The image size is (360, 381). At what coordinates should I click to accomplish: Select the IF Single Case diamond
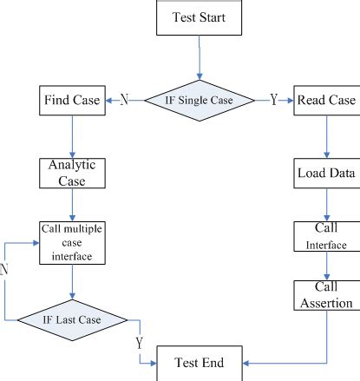point(200,101)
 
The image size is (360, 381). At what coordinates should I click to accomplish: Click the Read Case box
point(326,101)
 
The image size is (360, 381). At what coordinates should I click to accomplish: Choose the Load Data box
point(326,174)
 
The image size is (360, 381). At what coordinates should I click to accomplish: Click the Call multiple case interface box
point(72,244)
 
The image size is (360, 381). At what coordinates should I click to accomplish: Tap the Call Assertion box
point(326,297)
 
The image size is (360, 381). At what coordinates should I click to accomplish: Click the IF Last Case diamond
point(73,319)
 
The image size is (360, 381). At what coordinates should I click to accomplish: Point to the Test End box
point(200,363)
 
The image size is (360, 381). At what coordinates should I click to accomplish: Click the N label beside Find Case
point(124,101)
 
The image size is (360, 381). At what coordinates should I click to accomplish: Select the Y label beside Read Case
point(274,101)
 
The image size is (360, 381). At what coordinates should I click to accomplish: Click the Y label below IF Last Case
point(138,344)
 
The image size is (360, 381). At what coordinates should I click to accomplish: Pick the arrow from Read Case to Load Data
point(326,137)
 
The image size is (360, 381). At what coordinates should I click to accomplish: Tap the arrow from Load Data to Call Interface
point(326,204)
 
